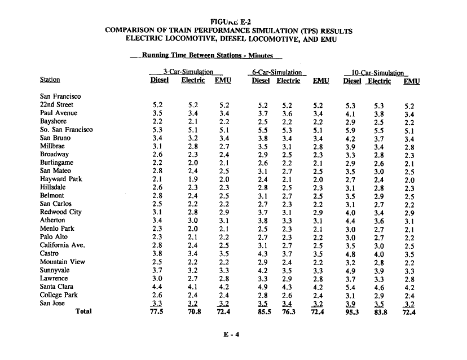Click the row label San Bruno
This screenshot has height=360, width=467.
click(55, 138)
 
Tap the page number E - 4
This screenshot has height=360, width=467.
click(231, 334)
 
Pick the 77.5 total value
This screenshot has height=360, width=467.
click(157, 311)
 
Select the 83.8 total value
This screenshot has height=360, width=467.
click(381, 311)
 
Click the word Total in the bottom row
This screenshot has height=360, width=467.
click(84, 311)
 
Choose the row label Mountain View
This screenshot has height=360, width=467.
click(62, 262)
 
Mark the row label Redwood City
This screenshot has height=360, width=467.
click(60, 212)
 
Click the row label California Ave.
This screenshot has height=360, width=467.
click(62, 245)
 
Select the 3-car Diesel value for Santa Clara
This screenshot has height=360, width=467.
click(157, 287)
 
